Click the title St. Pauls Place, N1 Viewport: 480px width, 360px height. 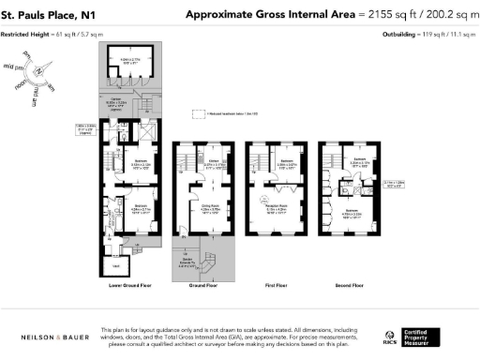coord(48,15)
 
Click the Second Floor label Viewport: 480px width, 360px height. coord(352,284)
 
